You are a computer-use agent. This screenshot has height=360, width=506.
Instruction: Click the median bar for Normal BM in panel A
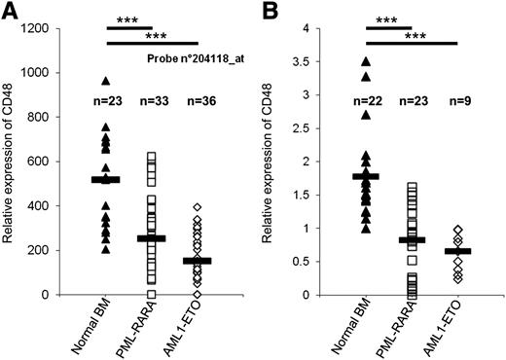click(x=104, y=179)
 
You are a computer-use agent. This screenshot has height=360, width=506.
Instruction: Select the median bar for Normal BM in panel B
click(x=365, y=176)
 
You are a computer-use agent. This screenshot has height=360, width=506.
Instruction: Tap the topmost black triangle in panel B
click(x=365, y=62)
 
